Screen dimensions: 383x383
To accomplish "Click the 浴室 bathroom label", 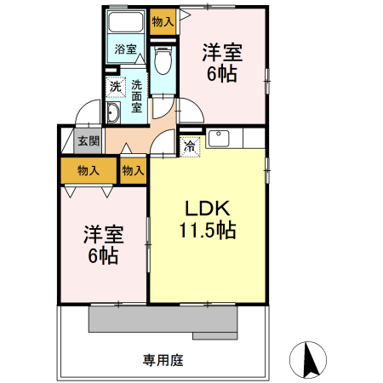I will [x=126, y=49].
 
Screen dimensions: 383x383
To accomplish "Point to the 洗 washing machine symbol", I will [x=115, y=86].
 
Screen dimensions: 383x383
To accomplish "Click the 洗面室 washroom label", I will [x=136, y=97].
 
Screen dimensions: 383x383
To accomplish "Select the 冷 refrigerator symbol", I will [x=191, y=146].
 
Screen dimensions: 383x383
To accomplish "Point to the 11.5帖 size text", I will [x=207, y=230].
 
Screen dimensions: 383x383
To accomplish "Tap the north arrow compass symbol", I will [x=310, y=359].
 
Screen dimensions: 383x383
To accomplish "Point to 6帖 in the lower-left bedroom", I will [x=102, y=255].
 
